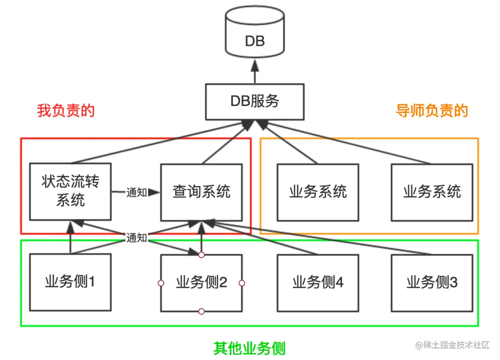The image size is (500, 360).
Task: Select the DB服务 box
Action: pyautogui.click(x=255, y=101)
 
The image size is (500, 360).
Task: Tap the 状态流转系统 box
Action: pyautogui.click(x=70, y=192)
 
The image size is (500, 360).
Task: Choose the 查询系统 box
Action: pyautogui.click(x=201, y=192)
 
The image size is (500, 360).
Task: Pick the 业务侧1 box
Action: pyautogui.click(x=70, y=282)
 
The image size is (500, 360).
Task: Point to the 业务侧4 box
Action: pyautogui.click(x=318, y=282)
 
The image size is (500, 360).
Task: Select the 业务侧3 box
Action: pyautogui.click(x=431, y=282)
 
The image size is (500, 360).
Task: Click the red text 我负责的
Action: pyautogui.click(x=66, y=111)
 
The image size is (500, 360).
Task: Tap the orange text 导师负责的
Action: pyautogui.click(x=431, y=111)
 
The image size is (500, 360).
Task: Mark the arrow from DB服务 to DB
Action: pyautogui.click(x=255, y=74)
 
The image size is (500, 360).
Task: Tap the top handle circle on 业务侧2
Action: pyautogui.click(x=201, y=254)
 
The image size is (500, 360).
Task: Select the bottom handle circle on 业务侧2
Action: pyautogui.click(x=201, y=311)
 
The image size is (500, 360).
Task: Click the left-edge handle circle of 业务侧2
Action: pyautogui.click(x=161, y=283)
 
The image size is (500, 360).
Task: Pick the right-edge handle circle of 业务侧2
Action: pyautogui.click(x=242, y=283)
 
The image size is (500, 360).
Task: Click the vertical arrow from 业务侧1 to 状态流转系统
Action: pyautogui.click(x=70, y=238)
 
